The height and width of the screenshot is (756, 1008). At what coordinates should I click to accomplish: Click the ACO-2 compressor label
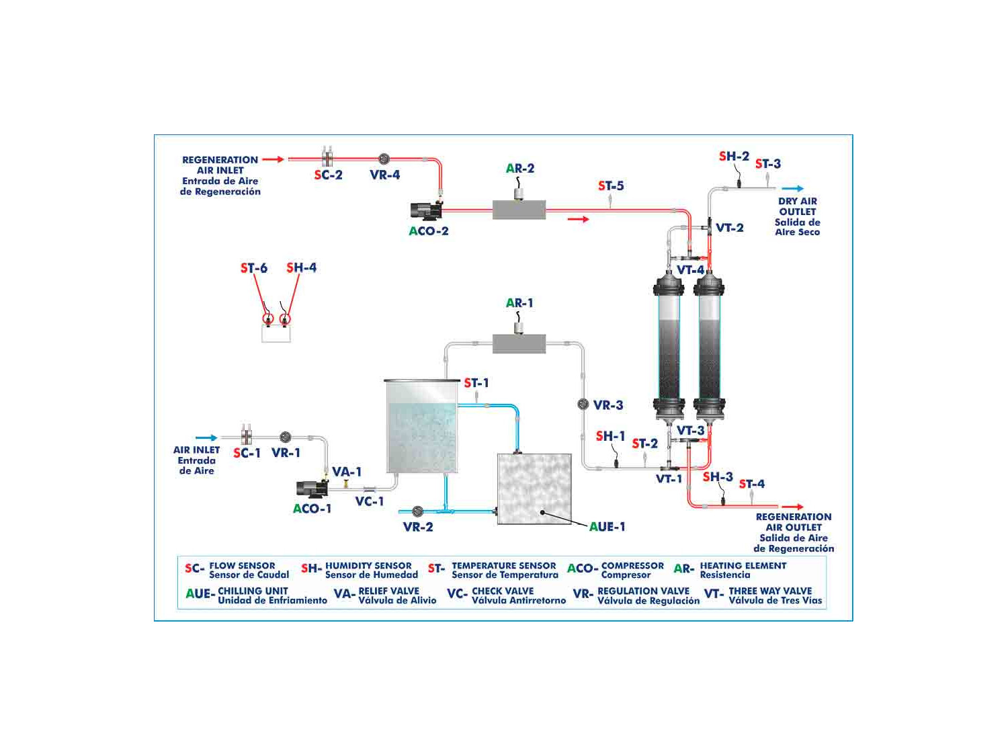coord(428,231)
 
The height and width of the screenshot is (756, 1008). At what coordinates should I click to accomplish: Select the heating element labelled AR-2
coord(519,209)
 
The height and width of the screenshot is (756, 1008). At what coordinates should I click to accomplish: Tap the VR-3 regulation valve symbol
coord(583,405)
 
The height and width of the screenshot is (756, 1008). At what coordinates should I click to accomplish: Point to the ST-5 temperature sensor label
coord(611,185)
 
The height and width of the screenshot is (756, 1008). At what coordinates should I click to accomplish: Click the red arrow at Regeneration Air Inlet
coord(273,159)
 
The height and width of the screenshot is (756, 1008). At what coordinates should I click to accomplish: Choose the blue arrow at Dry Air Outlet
coord(792,189)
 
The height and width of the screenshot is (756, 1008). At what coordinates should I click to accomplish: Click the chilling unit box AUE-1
coord(534,489)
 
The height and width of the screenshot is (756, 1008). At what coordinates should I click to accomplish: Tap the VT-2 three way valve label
coord(730,228)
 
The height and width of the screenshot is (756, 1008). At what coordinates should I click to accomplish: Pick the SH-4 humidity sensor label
coord(301,267)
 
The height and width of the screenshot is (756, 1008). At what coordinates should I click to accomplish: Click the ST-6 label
coord(254,268)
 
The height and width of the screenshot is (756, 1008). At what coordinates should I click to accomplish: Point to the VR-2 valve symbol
coord(417,511)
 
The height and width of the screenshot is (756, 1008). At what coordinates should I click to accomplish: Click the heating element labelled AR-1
coord(519,343)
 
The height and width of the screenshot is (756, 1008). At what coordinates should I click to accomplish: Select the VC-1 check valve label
coord(370,501)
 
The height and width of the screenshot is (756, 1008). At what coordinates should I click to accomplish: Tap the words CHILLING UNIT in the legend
coord(253,591)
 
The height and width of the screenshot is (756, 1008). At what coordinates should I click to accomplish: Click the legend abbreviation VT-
coord(713,594)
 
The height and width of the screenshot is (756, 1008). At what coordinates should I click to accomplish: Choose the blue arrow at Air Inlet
coord(206,438)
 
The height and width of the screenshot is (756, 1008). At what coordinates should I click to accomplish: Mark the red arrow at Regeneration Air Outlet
coord(792,506)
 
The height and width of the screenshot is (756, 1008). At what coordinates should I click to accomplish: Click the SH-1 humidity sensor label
coord(610,436)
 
